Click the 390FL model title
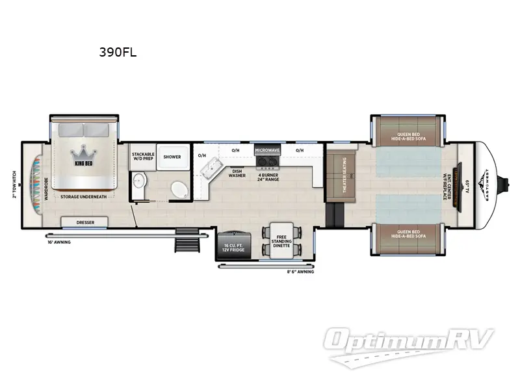pos(118,53)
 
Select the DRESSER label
pos(85,222)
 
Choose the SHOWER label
pos(172,157)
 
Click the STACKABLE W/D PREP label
pos(142,157)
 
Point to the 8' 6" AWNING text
pos(301,272)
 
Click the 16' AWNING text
pos(58,242)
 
